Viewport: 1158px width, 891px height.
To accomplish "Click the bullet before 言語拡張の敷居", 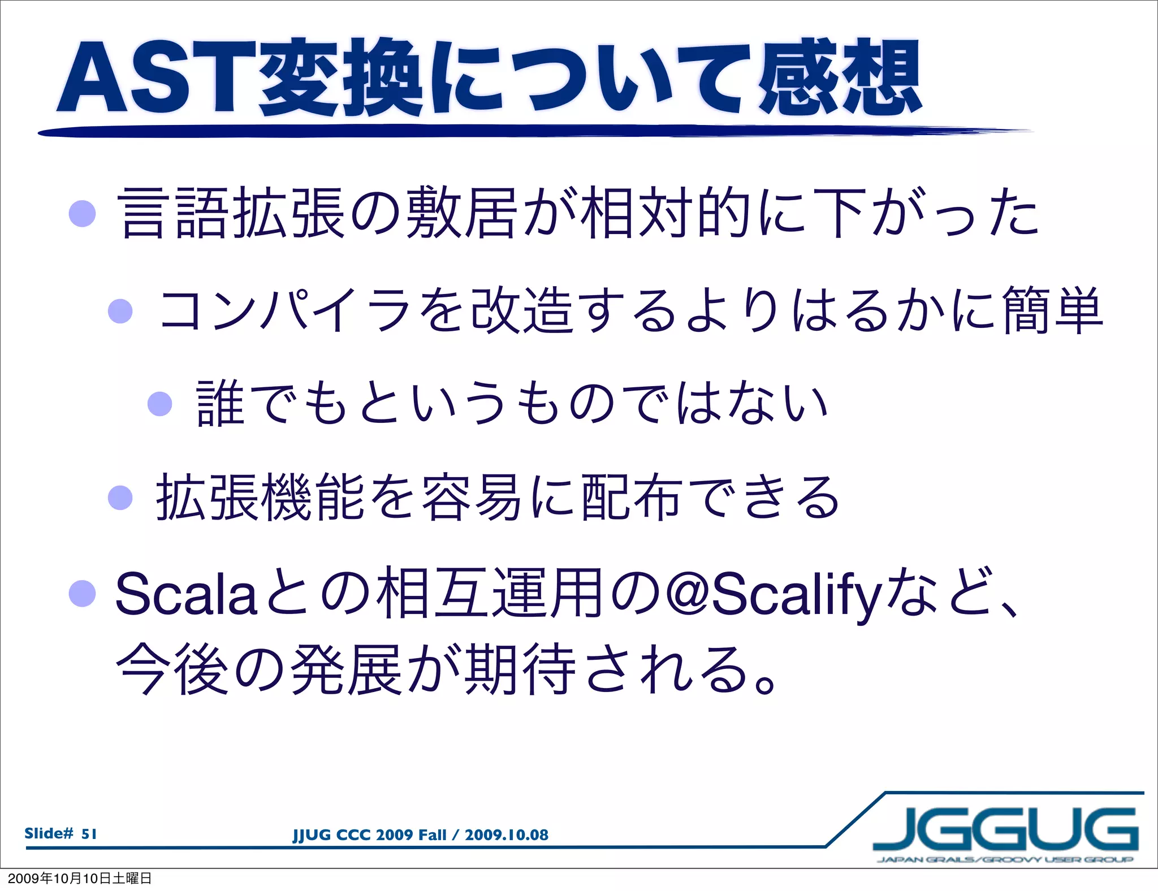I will pos(82,214).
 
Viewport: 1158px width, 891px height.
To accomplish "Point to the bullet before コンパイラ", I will pos(120,311).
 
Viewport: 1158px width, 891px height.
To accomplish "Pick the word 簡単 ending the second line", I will pos(1052,311).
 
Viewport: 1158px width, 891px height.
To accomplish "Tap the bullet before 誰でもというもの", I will pos(159,404).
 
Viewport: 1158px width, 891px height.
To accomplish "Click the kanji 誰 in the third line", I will pos(221,404).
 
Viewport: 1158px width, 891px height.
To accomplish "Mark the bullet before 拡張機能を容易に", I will pos(120,498).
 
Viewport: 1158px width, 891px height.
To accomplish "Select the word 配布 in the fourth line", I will pos(630,498).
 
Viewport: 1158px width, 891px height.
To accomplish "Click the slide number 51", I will pos(89,834).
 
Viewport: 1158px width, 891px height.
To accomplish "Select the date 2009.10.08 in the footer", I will pos(506,835).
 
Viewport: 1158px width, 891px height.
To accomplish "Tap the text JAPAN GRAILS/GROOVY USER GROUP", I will pos(1005,860).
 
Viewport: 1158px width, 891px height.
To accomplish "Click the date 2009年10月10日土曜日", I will pos(80,879).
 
